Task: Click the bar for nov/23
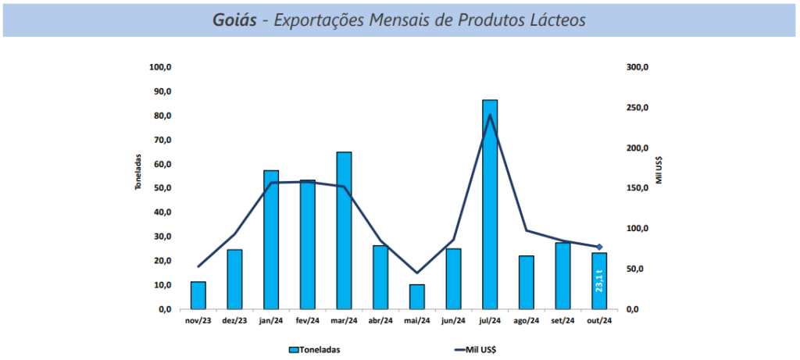[198, 295]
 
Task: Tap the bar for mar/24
[344, 230]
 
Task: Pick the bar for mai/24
[417, 297]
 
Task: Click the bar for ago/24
[527, 282]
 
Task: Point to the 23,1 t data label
[599, 280]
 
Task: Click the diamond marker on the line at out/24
[599, 247]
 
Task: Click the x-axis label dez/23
[234, 320]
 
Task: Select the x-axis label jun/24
[453, 320]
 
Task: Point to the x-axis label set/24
[562, 320]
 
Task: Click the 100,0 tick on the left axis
[160, 67]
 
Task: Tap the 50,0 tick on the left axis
[162, 188]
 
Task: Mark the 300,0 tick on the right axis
[638, 67]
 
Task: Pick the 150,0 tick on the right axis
[638, 188]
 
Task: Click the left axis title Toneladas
[137, 172]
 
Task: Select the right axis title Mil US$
[660, 169]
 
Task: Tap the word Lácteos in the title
[555, 20]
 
